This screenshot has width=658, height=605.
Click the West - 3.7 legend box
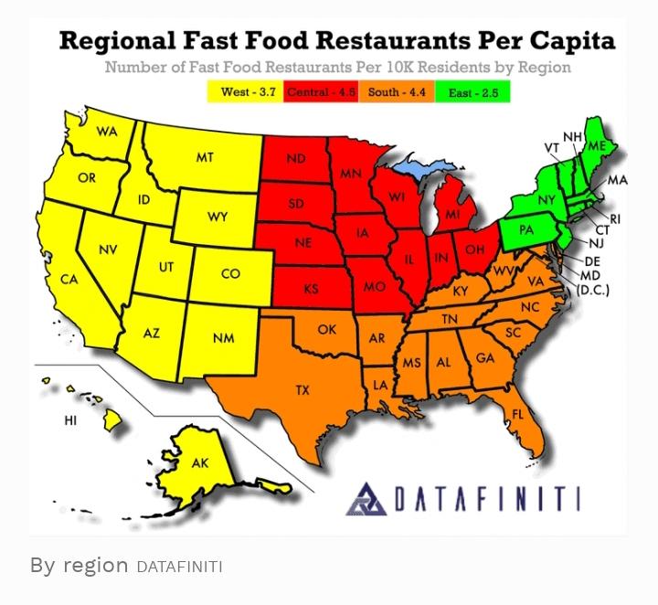click(x=247, y=92)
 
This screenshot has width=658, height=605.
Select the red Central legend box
click(x=323, y=92)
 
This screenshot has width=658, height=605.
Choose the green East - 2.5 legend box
click(x=472, y=92)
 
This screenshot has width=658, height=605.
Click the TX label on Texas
click(x=302, y=390)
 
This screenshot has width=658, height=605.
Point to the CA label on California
click(x=69, y=279)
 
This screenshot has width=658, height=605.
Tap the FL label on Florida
click(x=518, y=414)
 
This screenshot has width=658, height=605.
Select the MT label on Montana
click(x=205, y=157)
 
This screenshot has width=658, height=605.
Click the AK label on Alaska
click(x=199, y=463)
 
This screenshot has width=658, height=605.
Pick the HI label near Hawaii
click(x=70, y=420)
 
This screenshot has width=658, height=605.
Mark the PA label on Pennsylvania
click(x=525, y=230)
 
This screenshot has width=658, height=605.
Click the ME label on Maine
click(x=597, y=146)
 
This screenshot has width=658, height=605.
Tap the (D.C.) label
click(x=593, y=291)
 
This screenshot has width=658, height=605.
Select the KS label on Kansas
click(x=311, y=289)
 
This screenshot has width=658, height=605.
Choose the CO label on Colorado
click(x=231, y=273)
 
